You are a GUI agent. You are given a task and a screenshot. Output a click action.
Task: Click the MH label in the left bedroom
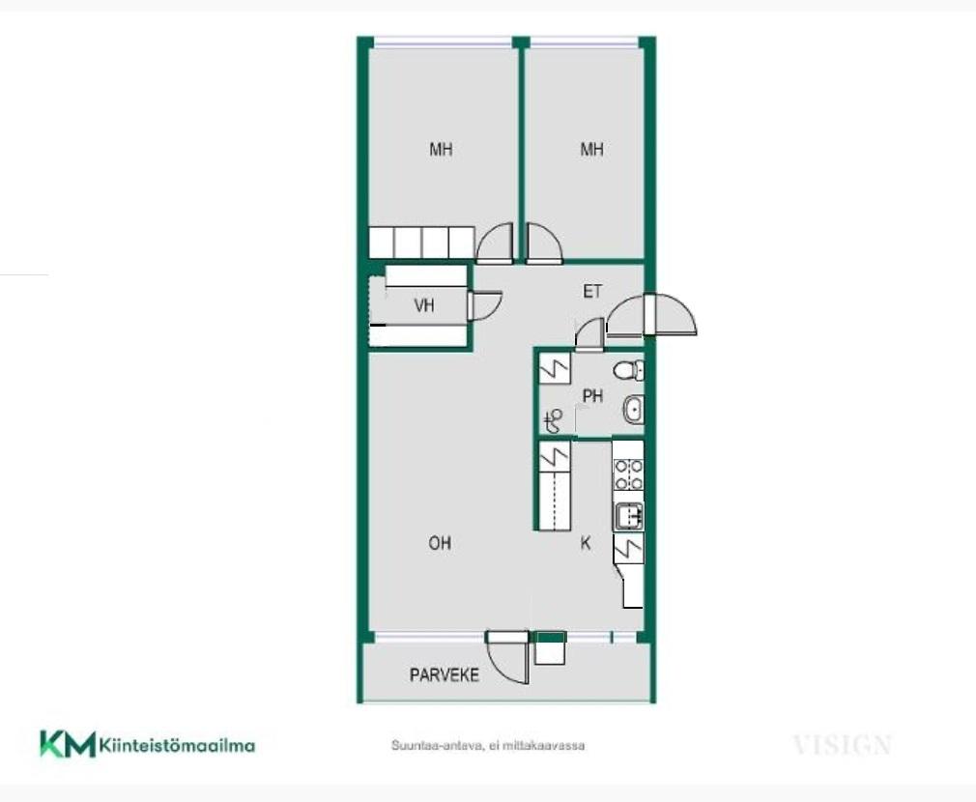click(441, 150)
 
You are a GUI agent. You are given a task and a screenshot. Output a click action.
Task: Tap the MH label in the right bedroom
click(592, 150)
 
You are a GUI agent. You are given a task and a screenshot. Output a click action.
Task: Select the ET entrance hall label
click(592, 291)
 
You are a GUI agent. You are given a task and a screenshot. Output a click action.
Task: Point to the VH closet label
click(424, 305)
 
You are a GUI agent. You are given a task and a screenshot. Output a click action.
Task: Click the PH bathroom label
click(592, 396)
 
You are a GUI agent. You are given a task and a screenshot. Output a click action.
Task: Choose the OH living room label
click(440, 543)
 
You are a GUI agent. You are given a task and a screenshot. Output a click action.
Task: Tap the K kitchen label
click(585, 543)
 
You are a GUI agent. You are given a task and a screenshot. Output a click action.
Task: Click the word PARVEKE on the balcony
click(445, 675)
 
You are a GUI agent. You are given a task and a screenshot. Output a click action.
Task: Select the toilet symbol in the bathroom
click(628, 371)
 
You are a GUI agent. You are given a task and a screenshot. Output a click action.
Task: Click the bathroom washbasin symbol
click(633, 410)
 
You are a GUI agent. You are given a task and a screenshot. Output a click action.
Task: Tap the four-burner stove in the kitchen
click(629, 474)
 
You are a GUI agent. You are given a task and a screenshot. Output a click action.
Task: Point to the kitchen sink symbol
click(629, 516)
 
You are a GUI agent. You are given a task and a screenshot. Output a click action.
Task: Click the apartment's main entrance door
click(651, 315)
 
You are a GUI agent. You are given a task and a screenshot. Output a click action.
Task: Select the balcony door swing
click(507, 658)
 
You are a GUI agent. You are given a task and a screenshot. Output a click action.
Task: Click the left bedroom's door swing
click(495, 243)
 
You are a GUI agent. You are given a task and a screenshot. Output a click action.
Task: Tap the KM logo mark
click(68, 743)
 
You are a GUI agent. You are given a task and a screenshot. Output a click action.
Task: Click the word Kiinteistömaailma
click(178, 745)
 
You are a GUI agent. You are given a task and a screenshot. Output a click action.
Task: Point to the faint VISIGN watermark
click(843, 745)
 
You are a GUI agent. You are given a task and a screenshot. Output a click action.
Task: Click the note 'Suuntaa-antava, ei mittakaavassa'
click(488, 745)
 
